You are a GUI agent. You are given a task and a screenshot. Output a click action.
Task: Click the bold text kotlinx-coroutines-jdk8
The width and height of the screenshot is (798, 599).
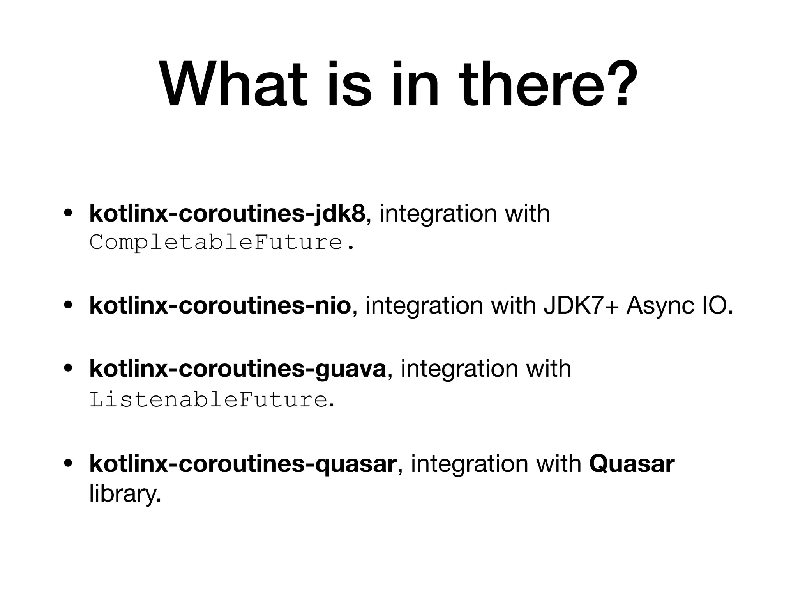pyautogui.click(x=228, y=214)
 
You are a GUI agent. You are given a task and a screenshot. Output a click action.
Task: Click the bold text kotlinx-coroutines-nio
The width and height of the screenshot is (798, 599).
pyautogui.click(x=220, y=305)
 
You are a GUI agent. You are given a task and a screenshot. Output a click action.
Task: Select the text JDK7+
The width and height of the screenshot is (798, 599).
pyautogui.click(x=580, y=305)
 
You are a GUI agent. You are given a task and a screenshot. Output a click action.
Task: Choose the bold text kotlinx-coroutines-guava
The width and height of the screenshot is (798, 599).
pyautogui.click(x=238, y=369)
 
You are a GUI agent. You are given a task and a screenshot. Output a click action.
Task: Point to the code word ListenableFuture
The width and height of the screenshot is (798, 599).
pyautogui.click(x=208, y=399)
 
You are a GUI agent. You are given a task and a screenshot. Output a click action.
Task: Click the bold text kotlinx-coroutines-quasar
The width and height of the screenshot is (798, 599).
pyautogui.click(x=243, y=464)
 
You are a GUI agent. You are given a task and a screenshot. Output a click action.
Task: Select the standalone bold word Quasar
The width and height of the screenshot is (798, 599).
pyautogui.click(x=632, y=464)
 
